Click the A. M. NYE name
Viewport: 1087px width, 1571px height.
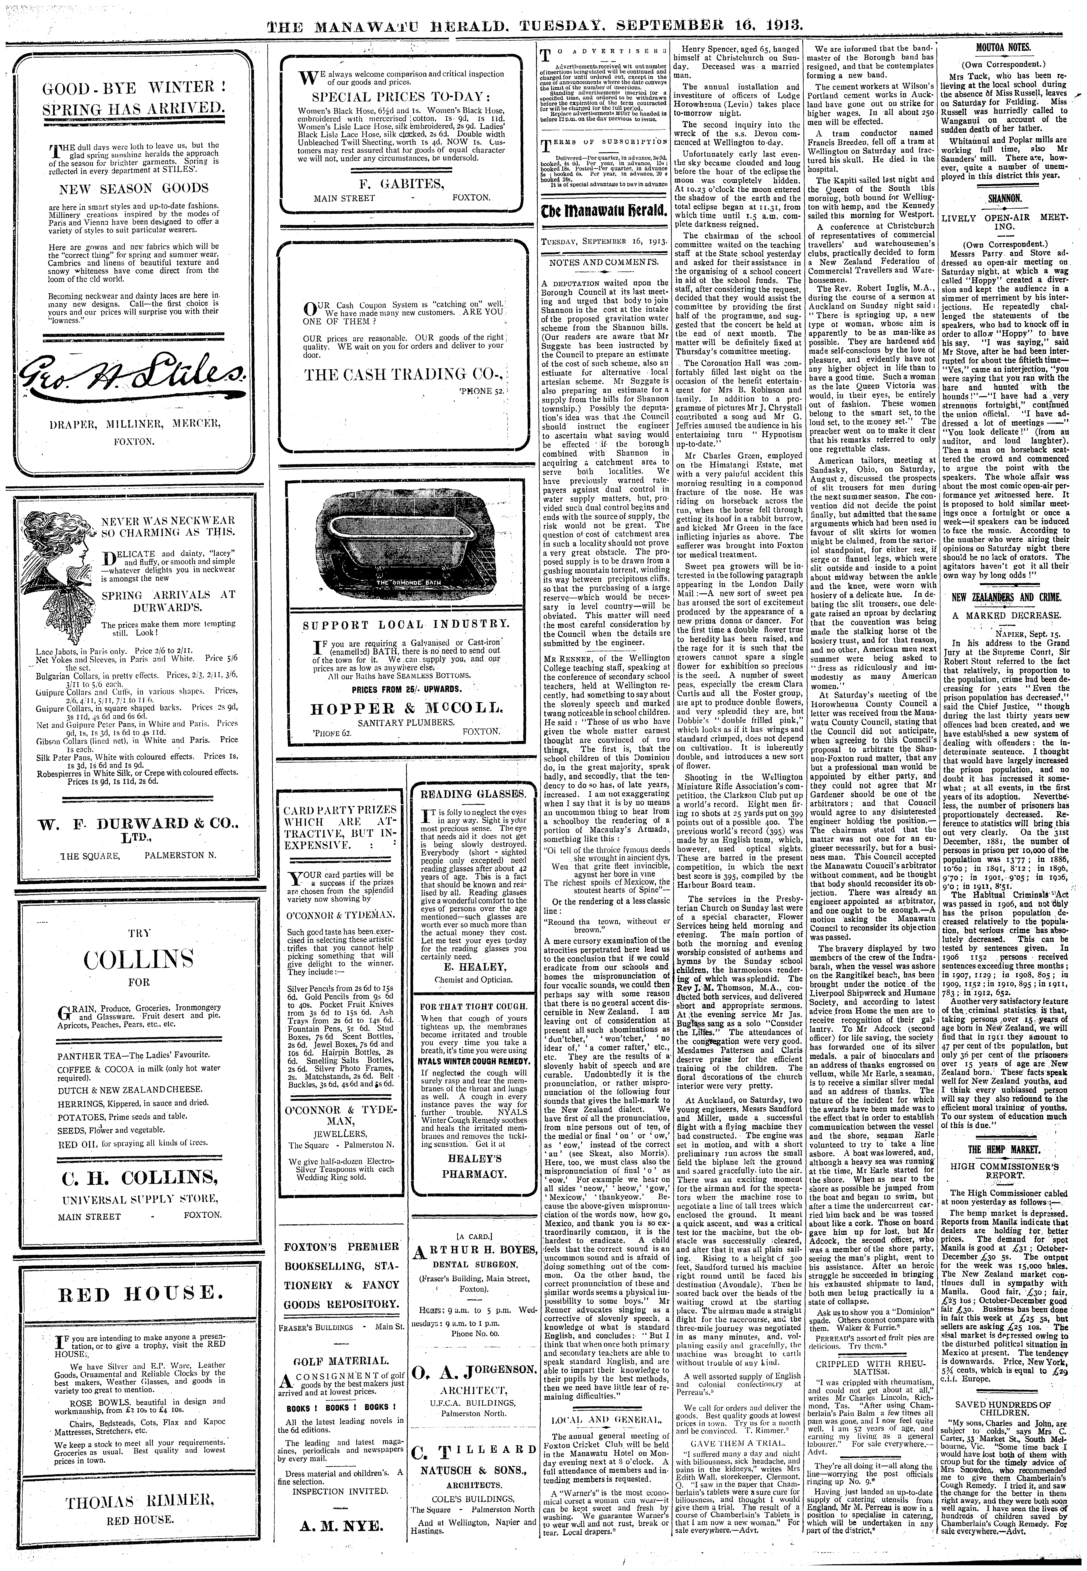(x=340, y=1541)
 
